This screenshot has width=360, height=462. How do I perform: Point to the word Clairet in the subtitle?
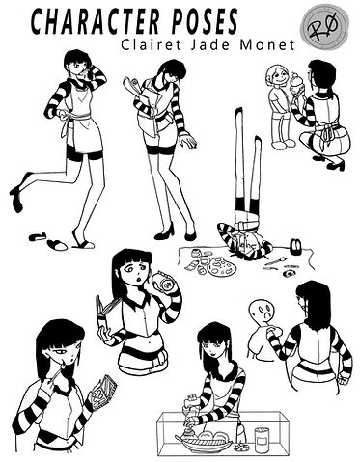[152, 44]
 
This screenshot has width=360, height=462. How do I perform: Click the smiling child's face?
[277, 76]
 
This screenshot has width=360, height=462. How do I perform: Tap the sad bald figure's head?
[263, 312]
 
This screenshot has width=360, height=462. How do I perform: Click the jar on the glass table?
[263, 440]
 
